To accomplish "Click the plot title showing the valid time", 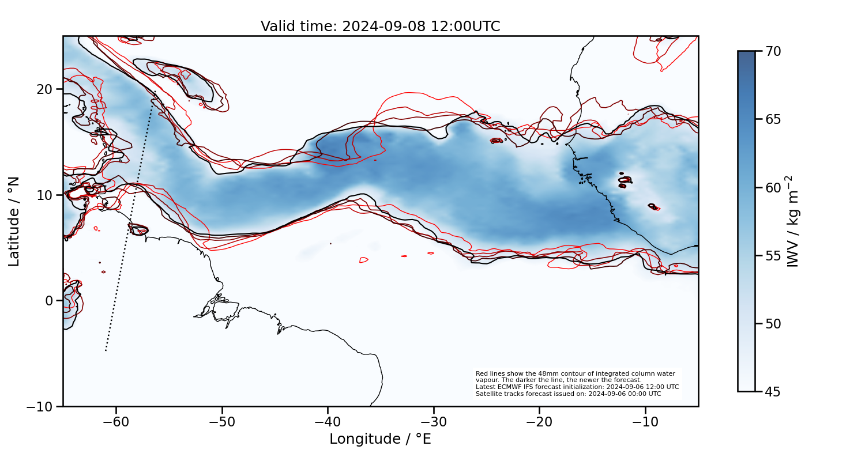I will point(381,27).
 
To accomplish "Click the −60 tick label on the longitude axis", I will point(116,422).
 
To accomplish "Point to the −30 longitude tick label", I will point(434,422).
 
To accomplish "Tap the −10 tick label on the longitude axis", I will point(645,422).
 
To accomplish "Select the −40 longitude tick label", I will point(328,422).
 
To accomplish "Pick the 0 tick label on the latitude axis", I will point(49,301).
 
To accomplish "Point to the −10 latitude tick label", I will point(40,406).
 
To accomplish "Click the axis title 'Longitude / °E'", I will point(381,439).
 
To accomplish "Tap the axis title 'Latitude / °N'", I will point(14,221).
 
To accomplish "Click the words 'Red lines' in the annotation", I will point(488,374).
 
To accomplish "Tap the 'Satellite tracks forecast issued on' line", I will point(568,394).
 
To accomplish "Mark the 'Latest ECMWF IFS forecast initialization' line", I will point(577,387).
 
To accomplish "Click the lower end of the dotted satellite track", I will point(106,350).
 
